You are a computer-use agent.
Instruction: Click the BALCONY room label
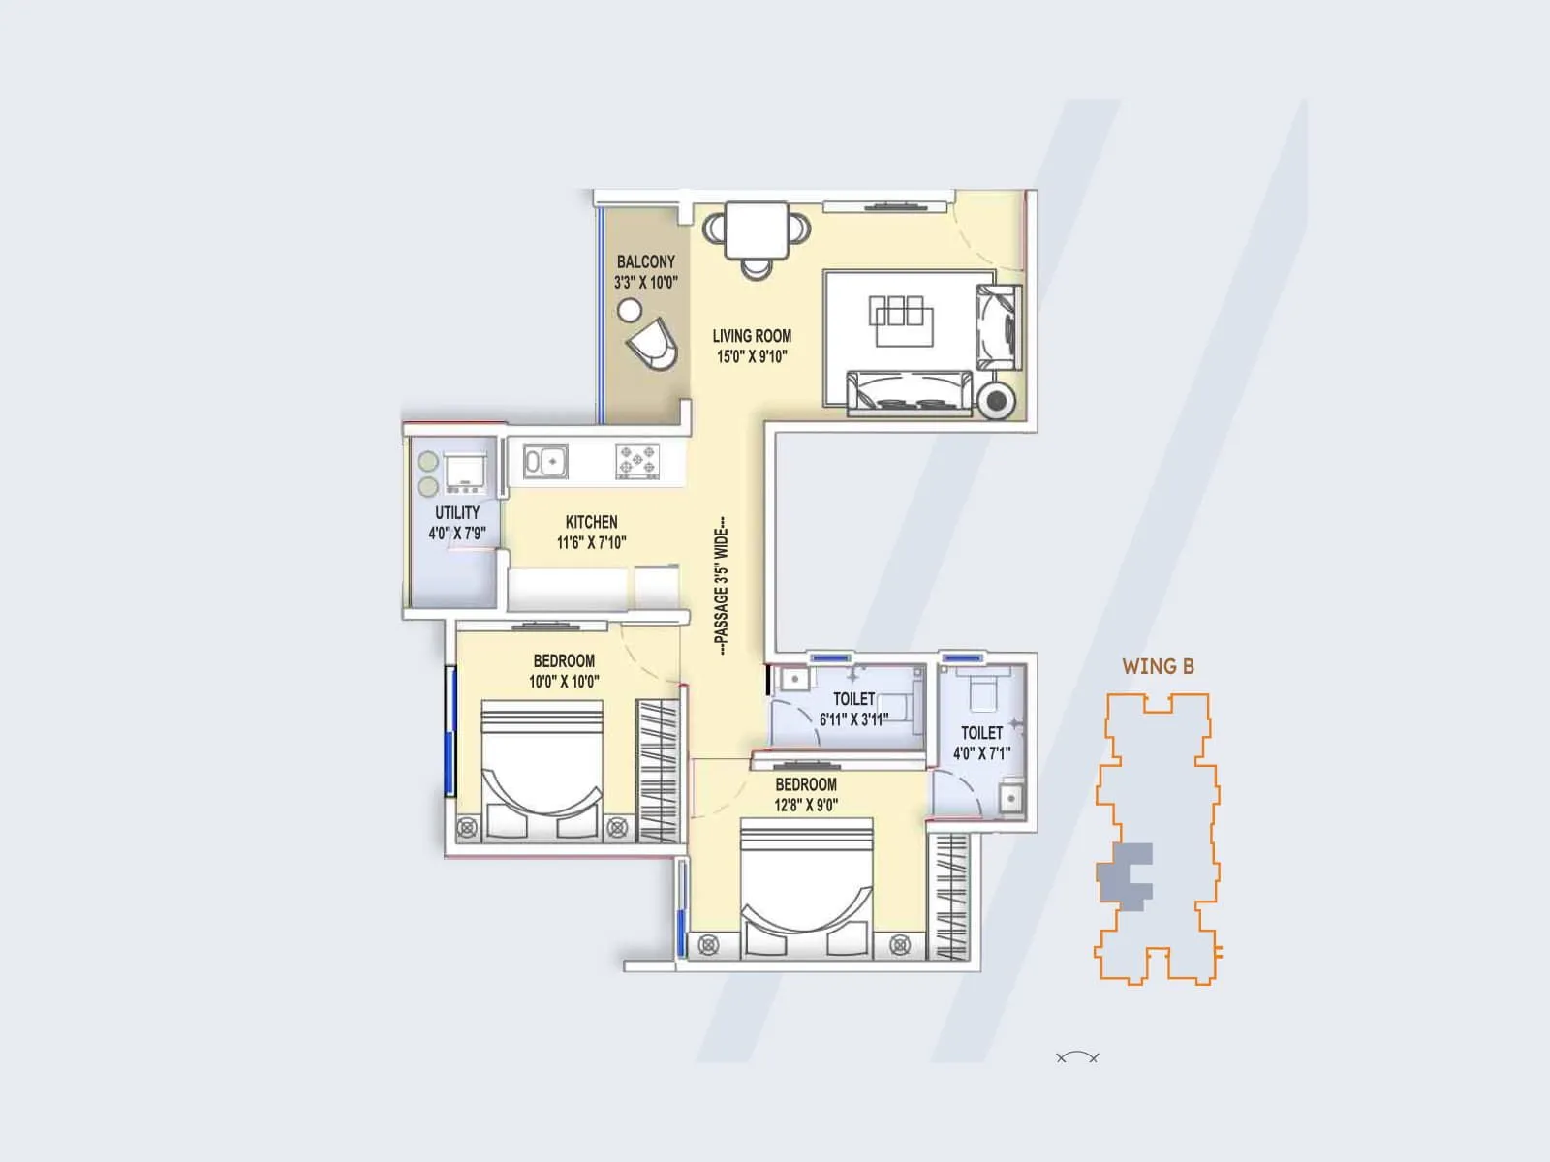point(645,262)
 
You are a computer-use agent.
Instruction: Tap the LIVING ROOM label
point(752,336)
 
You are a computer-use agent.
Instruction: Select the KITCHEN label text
point(591,522)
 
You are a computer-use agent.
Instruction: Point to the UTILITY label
point(457,513)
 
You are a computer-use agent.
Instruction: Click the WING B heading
point(1158,666)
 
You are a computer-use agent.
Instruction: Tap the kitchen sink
point(544,462)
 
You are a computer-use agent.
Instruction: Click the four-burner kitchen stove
point(637,462)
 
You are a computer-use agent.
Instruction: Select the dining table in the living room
point(756,229)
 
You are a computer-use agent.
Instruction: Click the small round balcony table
point(629,310)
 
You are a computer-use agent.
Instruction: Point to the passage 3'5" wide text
point(721,588)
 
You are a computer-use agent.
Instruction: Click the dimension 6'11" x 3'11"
point(852,719)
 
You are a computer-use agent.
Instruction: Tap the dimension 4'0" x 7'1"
point(981,753)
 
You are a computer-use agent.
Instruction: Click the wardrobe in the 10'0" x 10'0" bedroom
point(659,769)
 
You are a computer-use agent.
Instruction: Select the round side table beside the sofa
point(995,399)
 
